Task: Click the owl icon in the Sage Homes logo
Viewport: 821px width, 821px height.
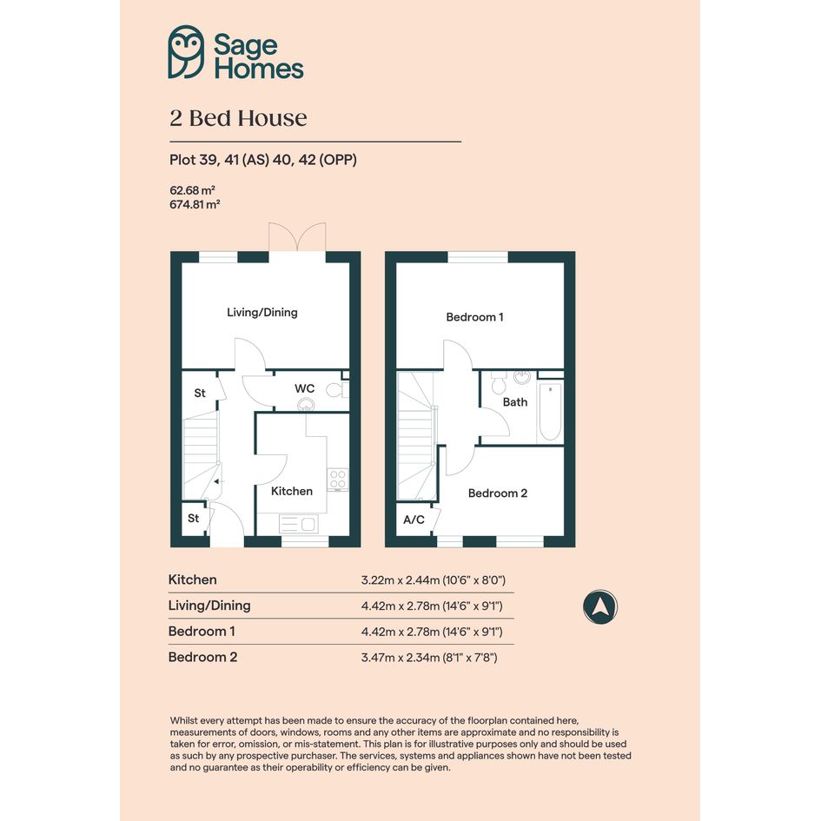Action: coord(186,52)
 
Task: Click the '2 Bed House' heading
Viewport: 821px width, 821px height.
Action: coord(238,118)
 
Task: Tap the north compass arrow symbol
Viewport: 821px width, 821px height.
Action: coord(600,607)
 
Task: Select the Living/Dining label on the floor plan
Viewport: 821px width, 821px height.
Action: coord(262,313)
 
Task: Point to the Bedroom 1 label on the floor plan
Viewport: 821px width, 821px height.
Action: coord(475,317)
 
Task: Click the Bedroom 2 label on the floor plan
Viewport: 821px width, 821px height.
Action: coord(498,493)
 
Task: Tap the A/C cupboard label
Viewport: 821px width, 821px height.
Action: coord(414,520)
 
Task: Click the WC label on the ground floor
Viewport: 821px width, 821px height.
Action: coord(304,388)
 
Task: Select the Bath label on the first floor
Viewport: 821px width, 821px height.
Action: coord(515,402)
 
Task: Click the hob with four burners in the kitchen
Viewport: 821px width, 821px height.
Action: coord(338,479)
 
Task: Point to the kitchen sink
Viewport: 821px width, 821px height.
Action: coord(298,524)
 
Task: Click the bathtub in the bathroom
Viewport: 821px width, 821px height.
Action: coord(550,412)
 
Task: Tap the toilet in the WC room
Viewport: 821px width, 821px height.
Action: coord(337,390)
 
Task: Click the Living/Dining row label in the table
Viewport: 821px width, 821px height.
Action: coord(209,606)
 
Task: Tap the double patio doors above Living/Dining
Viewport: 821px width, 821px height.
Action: coord(297,237)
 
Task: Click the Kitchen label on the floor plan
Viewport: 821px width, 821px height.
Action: coord(292,491)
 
